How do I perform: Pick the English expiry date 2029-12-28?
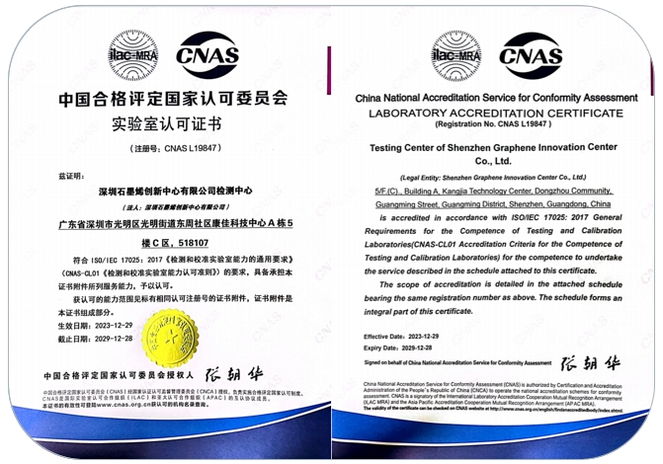(413, 348)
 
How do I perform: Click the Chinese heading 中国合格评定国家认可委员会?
(165, 100)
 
